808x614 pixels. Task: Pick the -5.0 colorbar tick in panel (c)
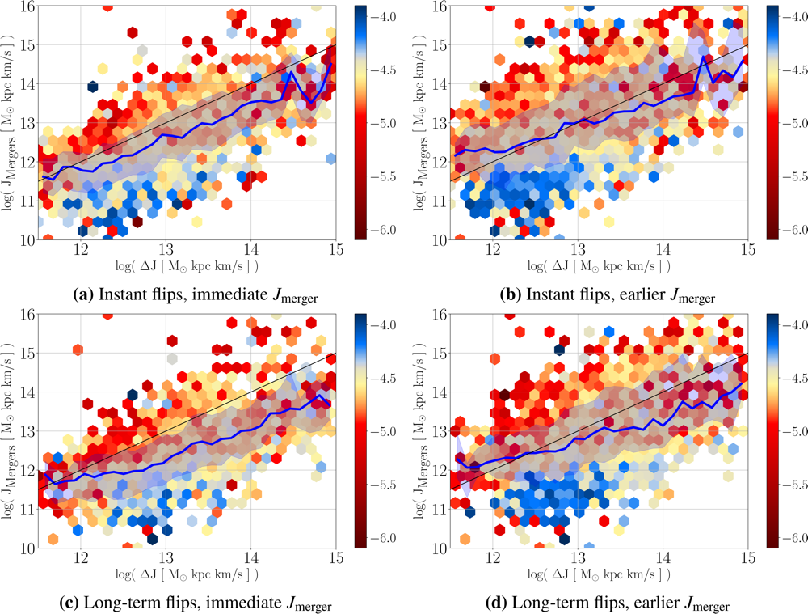pyautogui.click(x=385, y=431)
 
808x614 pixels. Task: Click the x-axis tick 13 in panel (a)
pyautogui.click(x=166, y=251)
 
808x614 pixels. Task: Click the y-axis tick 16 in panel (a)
pyautogui.click(x=27, y=6)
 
